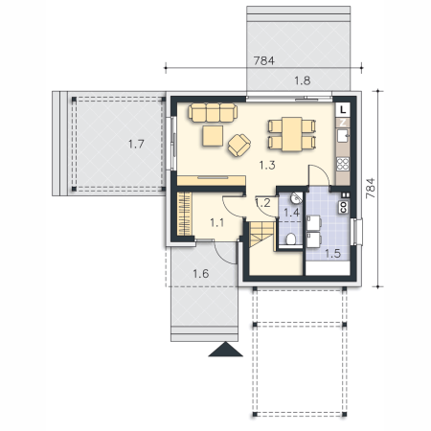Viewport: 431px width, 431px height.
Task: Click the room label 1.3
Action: pyautogui.click(x=267, y=165)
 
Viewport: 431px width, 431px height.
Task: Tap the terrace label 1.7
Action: pyautogui.click(x=136, y=144)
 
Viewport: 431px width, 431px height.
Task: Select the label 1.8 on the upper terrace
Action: pyautogui.click(x=302, y=80)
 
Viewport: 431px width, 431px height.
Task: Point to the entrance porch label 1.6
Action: pyautogui.click(x=201, y=274)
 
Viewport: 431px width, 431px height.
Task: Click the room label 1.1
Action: pyautogui.click(x=216, y=222)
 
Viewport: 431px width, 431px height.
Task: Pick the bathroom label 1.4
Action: pyautogui.click(x=291, y=213)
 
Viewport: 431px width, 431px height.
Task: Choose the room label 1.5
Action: pyautogui.click(x=332, y=254)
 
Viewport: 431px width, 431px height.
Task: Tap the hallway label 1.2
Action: pyautogui.click(x=263, y=203)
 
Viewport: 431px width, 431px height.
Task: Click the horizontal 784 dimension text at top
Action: pyautogui.click(x=263, y=60)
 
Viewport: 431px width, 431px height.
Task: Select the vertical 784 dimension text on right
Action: pyautogui.click(x=370, y=189)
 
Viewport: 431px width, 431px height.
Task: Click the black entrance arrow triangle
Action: pyautogui.click(x=225, y=349)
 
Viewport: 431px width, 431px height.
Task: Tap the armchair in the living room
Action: pyautogui.click(x=238, y=146)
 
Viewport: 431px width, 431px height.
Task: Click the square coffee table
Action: pyautogui.click(x=213, y=136)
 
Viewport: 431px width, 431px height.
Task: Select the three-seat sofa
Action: pyautogui.click(x=213, y=112)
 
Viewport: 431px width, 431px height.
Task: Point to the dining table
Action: pyautogui.click(x=292, y=134)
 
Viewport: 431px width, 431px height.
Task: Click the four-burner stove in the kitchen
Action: pyautogui.click(x=343, y=164)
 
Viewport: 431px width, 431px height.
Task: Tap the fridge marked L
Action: pyautogui.click(x=343, y=110)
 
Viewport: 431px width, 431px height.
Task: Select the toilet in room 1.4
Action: pyautogui.click(x=290, y=239)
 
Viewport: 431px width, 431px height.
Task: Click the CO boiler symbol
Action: pyautogui.click(x=344, y=207)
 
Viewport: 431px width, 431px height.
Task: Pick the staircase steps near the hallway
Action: pyautogui.click(x=261, y=235)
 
